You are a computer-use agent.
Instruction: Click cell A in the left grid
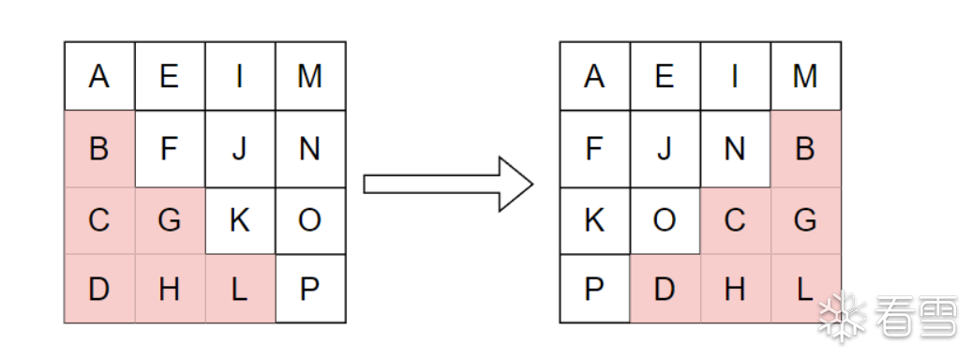99,76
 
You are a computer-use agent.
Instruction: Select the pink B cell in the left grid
99,149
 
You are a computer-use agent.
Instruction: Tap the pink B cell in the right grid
806,149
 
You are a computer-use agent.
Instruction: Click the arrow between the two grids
448,184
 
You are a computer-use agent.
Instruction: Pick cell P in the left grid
310,289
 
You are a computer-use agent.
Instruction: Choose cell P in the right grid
595,289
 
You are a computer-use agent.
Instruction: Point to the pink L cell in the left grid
240,289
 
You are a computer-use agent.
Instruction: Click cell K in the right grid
595,220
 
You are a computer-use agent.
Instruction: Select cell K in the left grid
240,220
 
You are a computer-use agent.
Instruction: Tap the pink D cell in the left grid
99,289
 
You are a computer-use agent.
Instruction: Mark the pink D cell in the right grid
665,289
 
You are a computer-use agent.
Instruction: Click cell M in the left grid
310,76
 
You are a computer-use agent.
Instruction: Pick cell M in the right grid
806,76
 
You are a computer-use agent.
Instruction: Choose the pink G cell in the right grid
806,220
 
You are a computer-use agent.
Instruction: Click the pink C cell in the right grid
736,220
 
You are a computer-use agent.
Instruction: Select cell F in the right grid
595,149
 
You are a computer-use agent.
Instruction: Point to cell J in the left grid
240,149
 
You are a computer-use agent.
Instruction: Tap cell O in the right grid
665,220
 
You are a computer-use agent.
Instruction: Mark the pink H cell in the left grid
170,289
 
